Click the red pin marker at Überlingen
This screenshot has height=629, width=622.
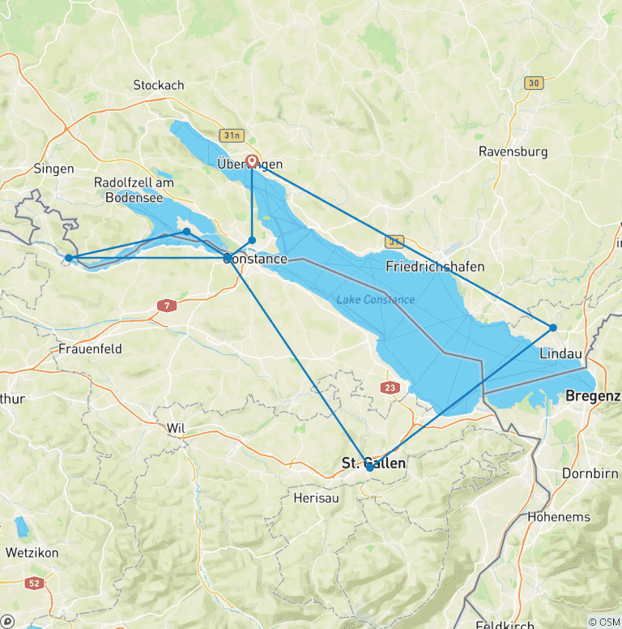tap(252, 160)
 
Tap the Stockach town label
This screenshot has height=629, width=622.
tap(159, 85)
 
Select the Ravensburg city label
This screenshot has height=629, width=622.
tap(513, 152)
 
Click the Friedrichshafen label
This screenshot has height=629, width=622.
tap(435, 267)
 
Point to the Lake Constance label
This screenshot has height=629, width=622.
tap(375, 300)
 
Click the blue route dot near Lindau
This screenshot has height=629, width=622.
tap(553, 327)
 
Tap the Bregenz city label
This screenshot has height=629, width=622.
tap(593, 396)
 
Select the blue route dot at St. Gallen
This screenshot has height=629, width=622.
tap(369, 467)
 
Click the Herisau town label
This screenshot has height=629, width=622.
tap(316, 498)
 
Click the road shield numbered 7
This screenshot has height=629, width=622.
tap(168, 305)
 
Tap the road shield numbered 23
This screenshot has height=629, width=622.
tap(390, 388)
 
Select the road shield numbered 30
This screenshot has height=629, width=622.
tap(533, 83)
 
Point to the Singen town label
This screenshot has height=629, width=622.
tap(54, 169)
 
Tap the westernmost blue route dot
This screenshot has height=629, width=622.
tap(69, 258)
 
